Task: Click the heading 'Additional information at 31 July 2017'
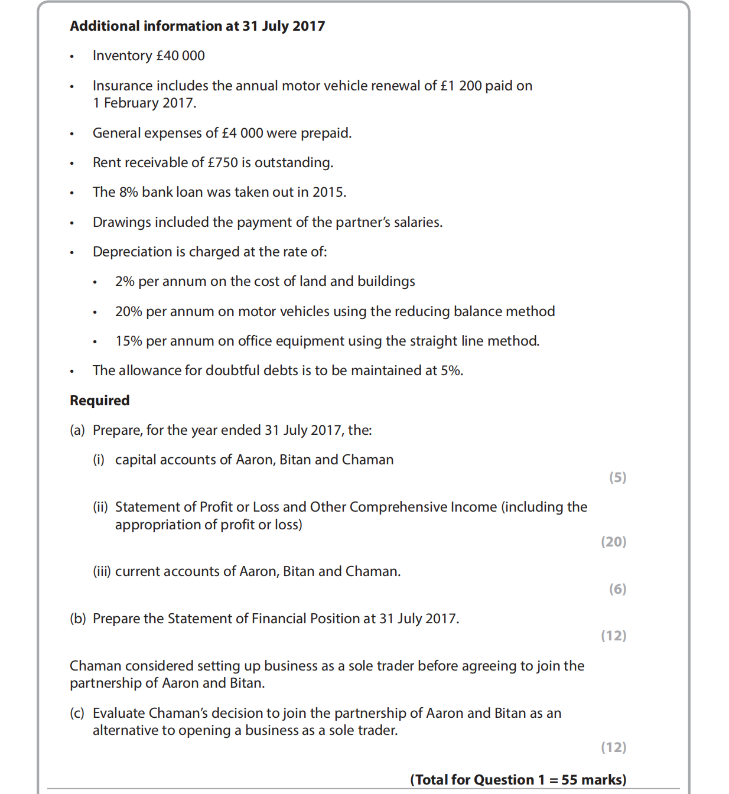click(x=197, y=26)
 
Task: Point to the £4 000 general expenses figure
click(x=242, y=133)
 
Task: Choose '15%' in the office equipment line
click(x=128, y=341)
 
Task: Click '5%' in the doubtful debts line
click(x=451, y=370)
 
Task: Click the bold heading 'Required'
click(x=100, y=401)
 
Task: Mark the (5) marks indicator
click(x=617, y=477)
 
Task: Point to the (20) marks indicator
click(x=613, y=542)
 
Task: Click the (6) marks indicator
click(x=617, y=589)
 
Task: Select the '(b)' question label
click(x=78, y=619)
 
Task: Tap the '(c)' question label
click(x=77, y=713)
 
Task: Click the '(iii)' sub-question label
click(x=102, y=571)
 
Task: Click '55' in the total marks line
click(x=569, y=780)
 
